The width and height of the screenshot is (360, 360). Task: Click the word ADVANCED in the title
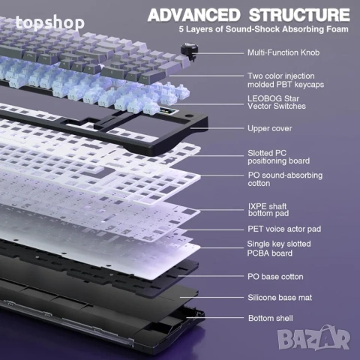click(x=193, y=15)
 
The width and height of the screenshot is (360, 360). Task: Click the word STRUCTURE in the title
click(x=299, y=15)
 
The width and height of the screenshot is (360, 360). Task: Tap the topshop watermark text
click(x=50, y=23)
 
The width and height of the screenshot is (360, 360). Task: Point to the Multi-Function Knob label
click(x=283, y=52)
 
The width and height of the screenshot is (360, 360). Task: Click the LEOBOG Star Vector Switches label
click(x=277, y=102)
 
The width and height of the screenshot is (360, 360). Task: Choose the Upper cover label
click(x=270, y=128)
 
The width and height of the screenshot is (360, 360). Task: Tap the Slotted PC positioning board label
click(x=278, y=157)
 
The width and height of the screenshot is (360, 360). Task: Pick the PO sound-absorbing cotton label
click(x=285, y=179)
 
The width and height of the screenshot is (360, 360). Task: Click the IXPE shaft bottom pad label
click(x=268, y=210)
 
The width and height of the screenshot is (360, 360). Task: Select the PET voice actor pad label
click(x=284, y=229)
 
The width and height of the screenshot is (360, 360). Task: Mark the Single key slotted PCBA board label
click(x=279, y=248)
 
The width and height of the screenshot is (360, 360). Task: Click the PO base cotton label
click(x=275, y=277)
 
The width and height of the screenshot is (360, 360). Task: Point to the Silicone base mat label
click(x=280, y=298)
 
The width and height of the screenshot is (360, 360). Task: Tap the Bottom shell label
click(x=271, y=318)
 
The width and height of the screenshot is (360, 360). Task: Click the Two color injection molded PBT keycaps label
click(x=286, y=80)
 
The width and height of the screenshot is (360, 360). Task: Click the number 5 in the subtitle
click(x=181, y=29)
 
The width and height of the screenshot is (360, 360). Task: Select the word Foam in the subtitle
click(x=337, y=29)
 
